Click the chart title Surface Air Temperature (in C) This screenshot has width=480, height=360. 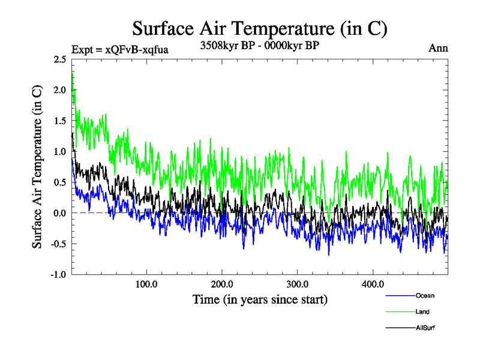[259, 29]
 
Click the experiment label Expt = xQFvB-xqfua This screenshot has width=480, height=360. [119, 49]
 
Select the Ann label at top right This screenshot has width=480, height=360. [438, 48]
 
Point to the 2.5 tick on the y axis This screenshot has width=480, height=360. [59, 59]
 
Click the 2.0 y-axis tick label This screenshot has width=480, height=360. [59, 90]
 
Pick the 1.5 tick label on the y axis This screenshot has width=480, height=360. [59, 121]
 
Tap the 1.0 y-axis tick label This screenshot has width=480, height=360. [59, 151]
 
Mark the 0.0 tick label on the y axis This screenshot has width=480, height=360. [59, 213]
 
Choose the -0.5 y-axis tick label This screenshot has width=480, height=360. [58, 244]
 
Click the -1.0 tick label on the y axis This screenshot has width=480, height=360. [58, 275]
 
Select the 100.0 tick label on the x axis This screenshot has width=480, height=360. [146, 284]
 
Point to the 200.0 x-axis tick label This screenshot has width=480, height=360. [222, 284]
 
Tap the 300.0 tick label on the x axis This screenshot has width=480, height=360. [298, 284]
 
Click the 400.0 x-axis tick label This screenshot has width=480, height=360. [373, 284]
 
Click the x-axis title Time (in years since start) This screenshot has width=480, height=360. [260, 298]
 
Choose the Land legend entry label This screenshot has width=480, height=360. [422, 311]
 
